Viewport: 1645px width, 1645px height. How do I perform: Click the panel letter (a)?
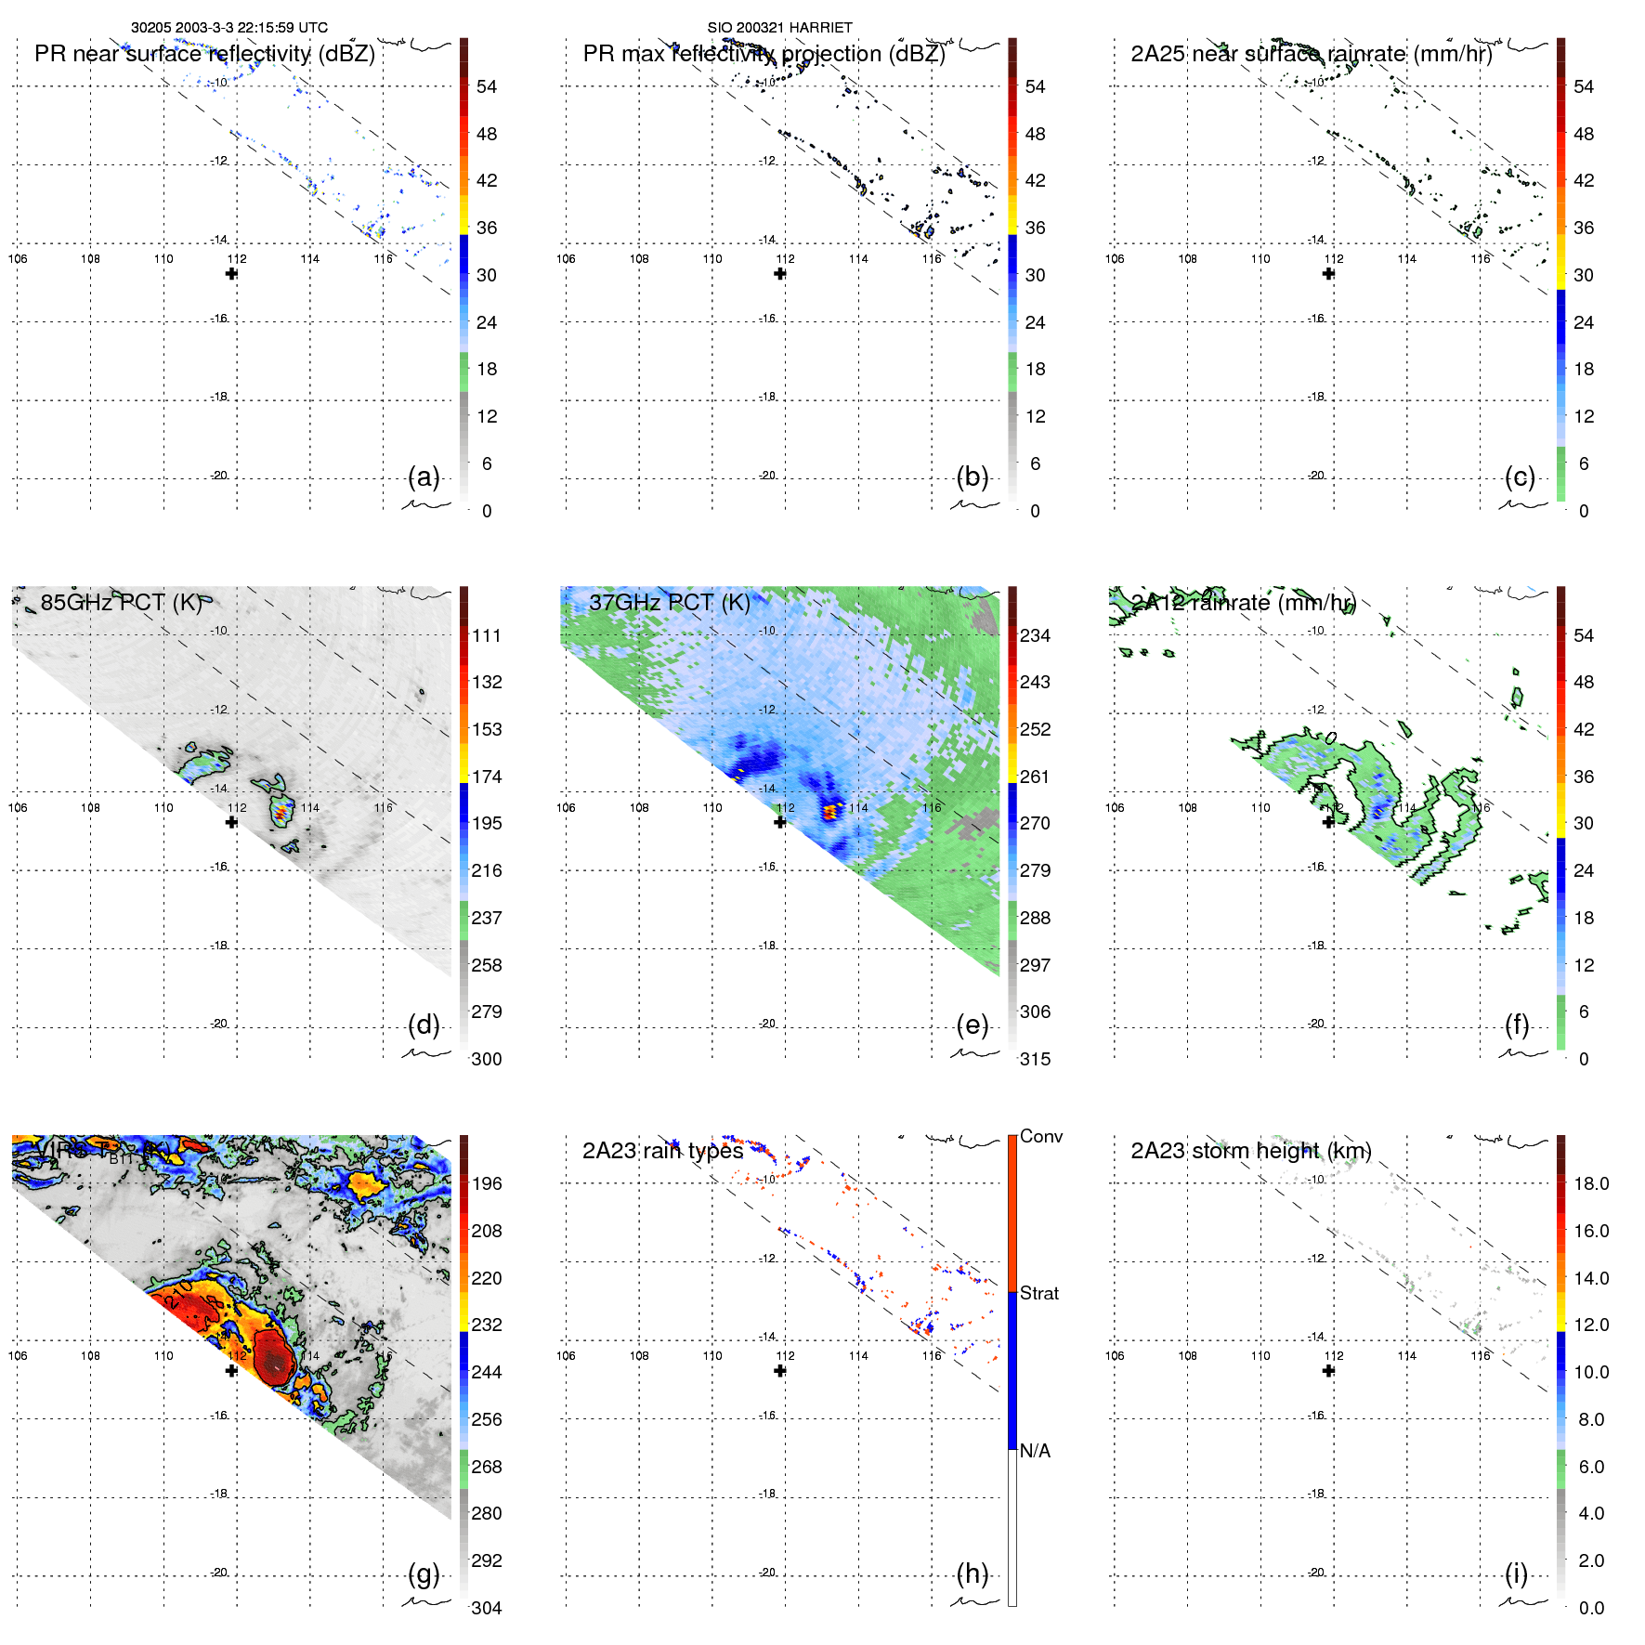pos(424,477)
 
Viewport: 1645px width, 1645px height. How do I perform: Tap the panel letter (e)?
pos(973,1025)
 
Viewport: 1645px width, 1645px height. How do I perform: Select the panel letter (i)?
pos(1517,1573)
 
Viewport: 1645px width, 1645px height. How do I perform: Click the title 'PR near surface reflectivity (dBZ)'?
pos(204,54)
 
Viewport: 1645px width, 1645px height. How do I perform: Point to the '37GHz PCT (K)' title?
pos(669,602)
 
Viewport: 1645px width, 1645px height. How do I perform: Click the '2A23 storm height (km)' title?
pos(1250,1151)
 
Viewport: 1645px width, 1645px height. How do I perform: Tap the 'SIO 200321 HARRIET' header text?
pos(779,28)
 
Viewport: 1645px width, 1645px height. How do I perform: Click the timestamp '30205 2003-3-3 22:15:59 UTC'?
pos(229,28)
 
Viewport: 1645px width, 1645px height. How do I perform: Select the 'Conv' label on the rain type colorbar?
pos(1040,1137)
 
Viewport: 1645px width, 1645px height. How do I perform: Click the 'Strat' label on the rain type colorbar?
pos(1039,1294)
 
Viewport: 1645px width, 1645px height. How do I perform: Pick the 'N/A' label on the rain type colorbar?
pos(1035,1451)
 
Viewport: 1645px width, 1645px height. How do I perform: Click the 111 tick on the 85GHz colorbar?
pos(487,636)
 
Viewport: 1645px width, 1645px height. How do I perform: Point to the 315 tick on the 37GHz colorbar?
pos(1035,1059)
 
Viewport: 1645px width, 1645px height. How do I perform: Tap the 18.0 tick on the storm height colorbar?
pos(1591,1184)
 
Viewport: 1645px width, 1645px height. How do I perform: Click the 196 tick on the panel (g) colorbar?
pos(487,1184)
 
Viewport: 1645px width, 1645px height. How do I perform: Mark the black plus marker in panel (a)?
pos(231,274)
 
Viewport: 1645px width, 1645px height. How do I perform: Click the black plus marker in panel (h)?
pos(780,1371)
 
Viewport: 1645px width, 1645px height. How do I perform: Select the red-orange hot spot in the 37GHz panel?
pos(830,811)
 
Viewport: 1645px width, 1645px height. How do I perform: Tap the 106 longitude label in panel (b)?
pos(566,259)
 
